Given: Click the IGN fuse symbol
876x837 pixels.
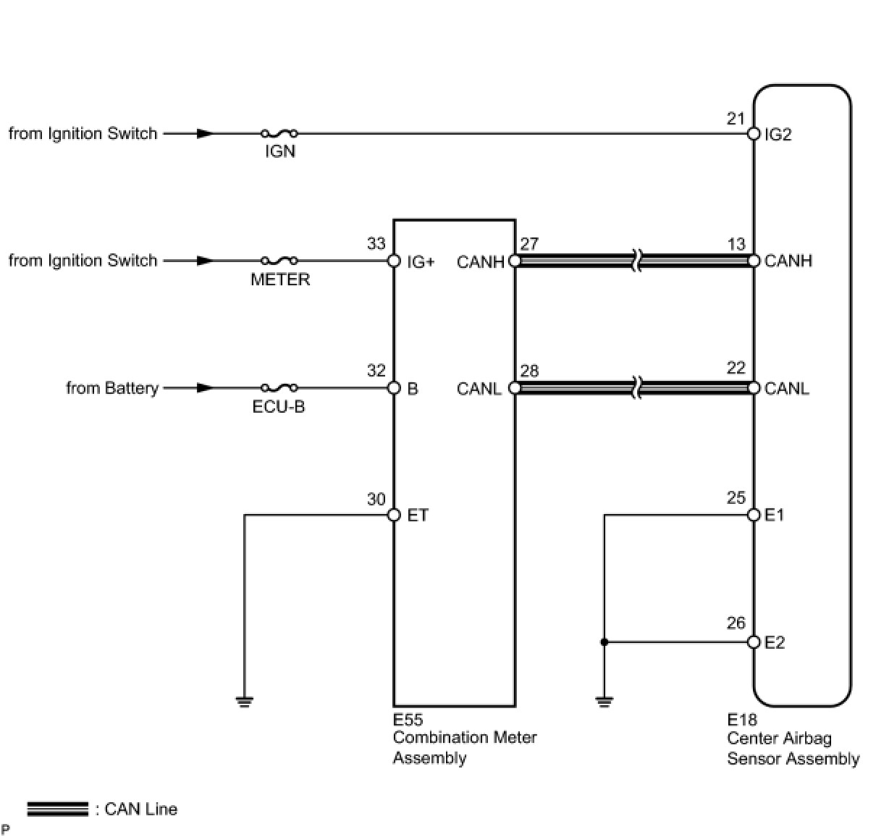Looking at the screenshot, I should point(279,133).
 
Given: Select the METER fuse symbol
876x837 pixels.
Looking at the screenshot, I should point(279,261).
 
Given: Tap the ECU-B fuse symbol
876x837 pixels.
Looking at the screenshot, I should point(279,388).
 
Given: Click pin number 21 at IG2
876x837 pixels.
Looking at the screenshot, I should point(736,119).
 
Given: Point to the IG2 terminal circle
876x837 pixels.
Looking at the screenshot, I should point(754,134).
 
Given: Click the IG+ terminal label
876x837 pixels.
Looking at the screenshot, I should point(421,261).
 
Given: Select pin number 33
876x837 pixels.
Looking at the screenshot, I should point(376,244).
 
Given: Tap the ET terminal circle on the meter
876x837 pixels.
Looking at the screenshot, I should point(394,515).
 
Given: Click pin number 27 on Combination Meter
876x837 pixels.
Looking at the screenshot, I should point(529,244).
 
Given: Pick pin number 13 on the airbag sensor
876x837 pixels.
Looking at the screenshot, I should point(736,244).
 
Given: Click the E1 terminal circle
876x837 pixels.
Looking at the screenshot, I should point(754,515).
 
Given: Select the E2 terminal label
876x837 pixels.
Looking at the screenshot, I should point(775,643).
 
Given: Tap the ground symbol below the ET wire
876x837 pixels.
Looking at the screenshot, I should point(245,700).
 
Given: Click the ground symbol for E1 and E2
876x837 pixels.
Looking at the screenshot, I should point(605,700).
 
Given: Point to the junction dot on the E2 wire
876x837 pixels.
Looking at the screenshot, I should point(605,642).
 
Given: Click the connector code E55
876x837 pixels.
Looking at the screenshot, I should point(408,720).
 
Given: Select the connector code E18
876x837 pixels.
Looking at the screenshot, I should point(742,720).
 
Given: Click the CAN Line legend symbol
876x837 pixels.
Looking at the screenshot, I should point(58,809).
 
